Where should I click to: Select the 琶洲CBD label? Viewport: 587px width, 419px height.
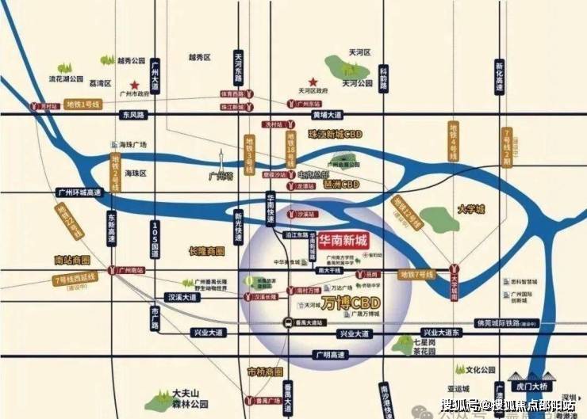pyautogui.click(x=342, y=185)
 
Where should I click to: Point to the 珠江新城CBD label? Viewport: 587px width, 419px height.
pyautogui.click(x=335, y=135)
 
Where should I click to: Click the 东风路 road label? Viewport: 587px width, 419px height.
pyautogui.click(x=135, y=115)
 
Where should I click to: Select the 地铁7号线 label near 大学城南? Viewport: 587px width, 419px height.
pyautogui.click(x=416, y=274)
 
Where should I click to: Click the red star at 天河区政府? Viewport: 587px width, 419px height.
pyautogui.click(x=313, y=81)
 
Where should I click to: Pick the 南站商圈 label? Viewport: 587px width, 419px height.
pyautogui.click(x=73, y=259)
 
